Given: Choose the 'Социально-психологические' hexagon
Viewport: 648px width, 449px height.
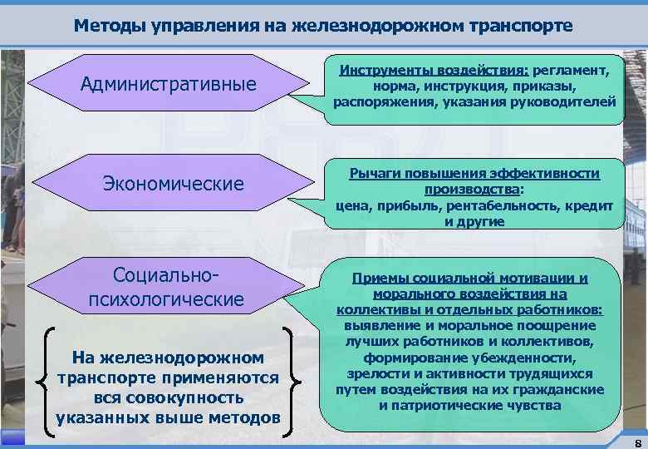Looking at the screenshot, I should coord(166,288).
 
